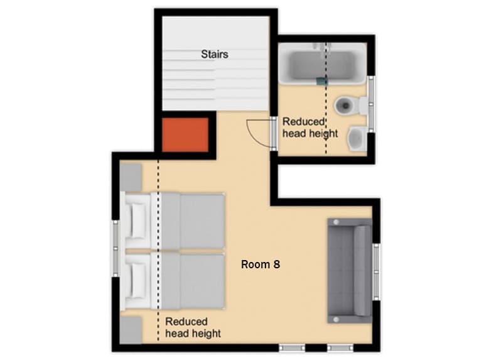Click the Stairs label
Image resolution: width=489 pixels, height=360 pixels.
click(x=215, y=54)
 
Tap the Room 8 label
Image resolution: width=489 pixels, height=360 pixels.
click(x=261, y=265)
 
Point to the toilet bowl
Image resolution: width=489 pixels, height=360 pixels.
click(x=345, y=106)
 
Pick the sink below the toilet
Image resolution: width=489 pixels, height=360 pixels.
click(x=357, y=138)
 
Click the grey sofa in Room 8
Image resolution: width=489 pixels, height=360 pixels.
click(x=349, y=270)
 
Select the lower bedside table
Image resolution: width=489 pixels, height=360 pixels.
click(x=131, y=329)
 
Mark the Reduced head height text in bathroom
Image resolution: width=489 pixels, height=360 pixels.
click(x=310, y=128)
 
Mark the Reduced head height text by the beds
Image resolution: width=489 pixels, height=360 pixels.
click(x=193, y=327)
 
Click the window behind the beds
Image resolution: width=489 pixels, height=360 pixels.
click(x=116, y=249)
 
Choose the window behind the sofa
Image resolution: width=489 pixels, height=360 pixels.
click(x=377, y=270)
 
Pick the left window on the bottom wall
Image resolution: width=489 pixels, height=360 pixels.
click(x=292, y=347)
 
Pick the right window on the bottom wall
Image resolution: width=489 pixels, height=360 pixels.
click(x=340, y=347)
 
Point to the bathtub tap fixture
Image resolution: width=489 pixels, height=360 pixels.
click(x=322, y=80)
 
